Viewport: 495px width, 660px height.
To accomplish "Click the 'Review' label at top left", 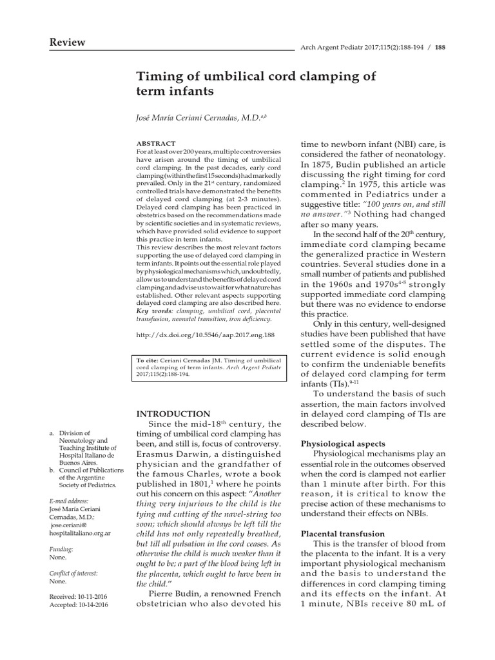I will pyautogui.click(x=67, y=43).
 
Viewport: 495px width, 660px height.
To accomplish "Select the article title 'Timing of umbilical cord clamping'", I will pyautogui.click(x=256, y=77).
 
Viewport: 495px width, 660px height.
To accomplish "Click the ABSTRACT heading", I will pyautogui.click(x=157, y=142).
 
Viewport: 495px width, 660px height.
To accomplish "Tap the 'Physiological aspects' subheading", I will pyautogui.click(x=344, y=444).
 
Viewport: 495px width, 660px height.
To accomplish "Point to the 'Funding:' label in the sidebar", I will pyautogui.click(x=62, y=549).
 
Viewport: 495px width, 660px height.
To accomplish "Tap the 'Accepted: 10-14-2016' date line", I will pyautogui.click(x=79, y=606).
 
